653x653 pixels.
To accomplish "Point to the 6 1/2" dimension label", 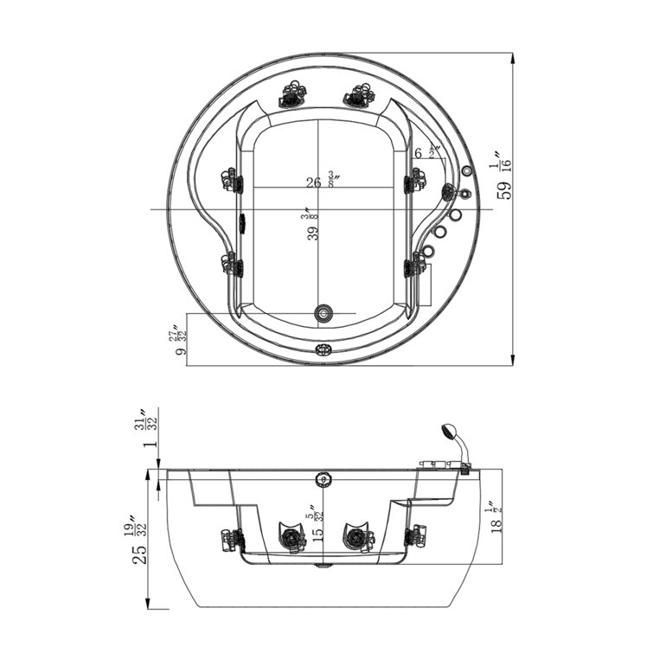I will click(426, 152).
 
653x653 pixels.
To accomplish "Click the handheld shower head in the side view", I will click(449, 430).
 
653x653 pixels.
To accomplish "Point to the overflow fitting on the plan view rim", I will click(323, 350).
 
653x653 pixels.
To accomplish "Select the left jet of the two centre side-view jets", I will click(291, 537).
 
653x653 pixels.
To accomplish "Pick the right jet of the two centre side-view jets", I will click(355, 537).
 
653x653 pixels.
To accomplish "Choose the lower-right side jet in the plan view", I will click(414, 264).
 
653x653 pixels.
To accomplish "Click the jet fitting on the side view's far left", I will click(232, 539).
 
